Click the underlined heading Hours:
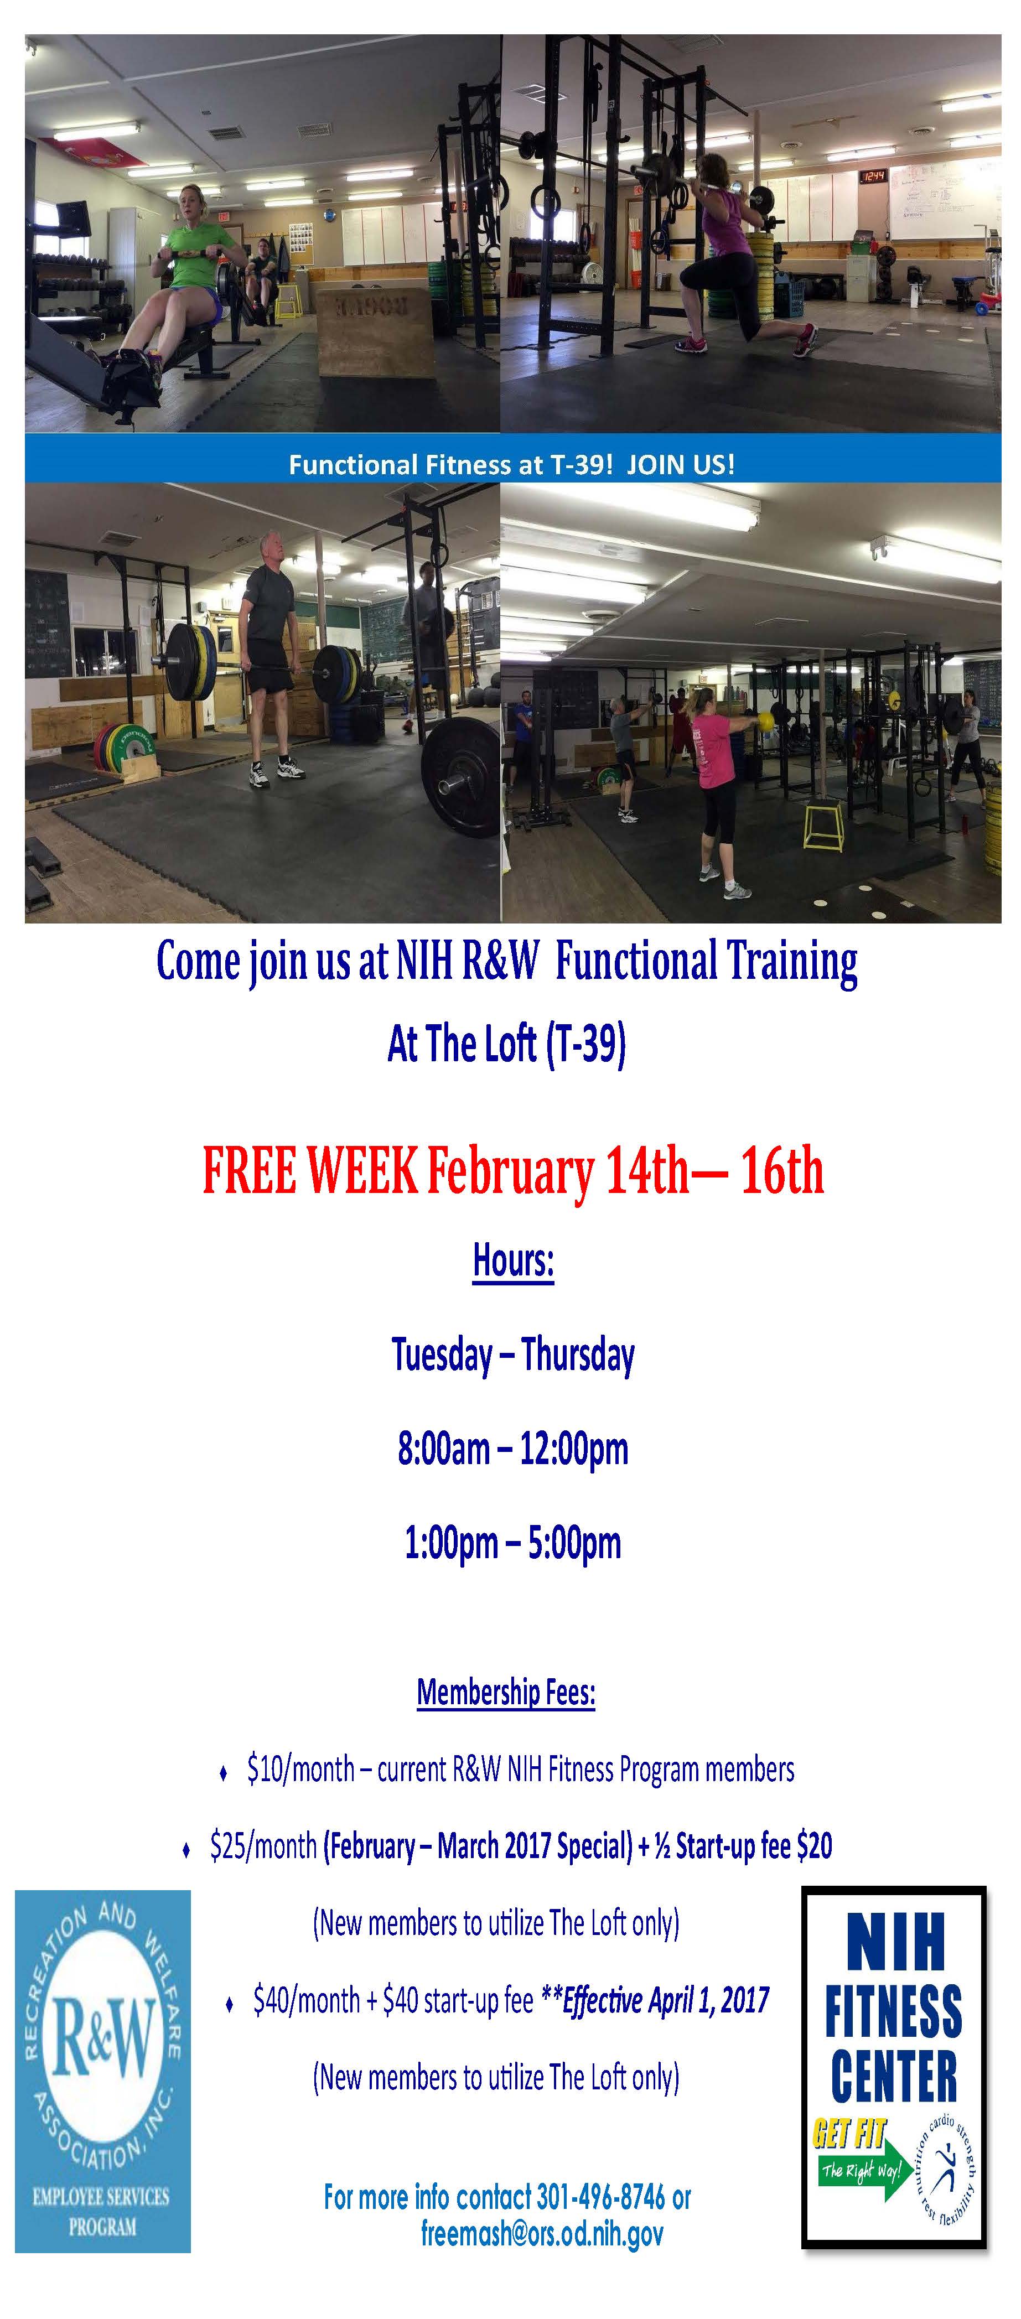(513, 1261)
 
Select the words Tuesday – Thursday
(513, 1355)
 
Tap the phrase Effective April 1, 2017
(666, 2000)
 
